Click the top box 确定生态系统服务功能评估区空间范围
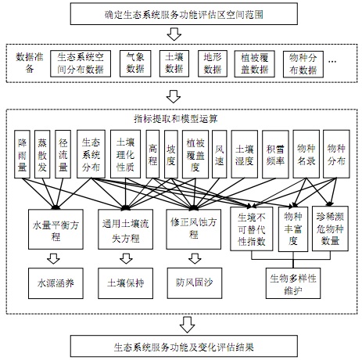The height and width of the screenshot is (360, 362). pos(184,14)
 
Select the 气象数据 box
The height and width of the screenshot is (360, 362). pos(135,63)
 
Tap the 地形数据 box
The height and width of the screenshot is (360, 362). pos(213,63)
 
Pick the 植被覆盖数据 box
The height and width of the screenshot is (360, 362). pos(254,63)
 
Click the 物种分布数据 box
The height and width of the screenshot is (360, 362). pos(303,64)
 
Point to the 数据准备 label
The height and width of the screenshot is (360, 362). pos(30,63)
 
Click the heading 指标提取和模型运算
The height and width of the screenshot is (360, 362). pos(176,119)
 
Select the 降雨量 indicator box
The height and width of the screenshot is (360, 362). pos(22,154)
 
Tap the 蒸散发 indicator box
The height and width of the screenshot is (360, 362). pos(42,154)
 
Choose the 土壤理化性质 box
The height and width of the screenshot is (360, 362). pos(125,154)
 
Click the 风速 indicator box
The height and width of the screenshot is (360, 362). pos(220,154)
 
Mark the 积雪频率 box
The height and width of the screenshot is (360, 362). pos(275,154)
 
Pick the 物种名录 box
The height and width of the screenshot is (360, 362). pos(306,154)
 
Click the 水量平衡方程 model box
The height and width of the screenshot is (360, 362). pos(56,229)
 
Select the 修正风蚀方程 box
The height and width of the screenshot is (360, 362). pos(194,229)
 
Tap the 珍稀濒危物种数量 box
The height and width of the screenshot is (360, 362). pos(330,229)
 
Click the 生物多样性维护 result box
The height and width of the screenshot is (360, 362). pos(293,283)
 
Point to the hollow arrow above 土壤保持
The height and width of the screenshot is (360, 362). pos(126,258)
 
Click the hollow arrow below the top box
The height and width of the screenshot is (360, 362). pos(174,34)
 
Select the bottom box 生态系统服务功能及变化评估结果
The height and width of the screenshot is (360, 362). pos(184,347)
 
